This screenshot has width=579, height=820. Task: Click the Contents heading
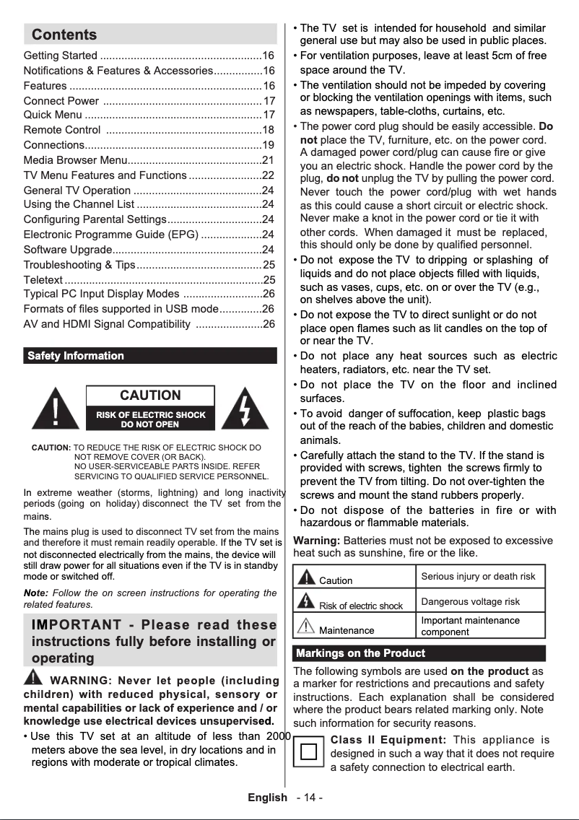pos(64,35)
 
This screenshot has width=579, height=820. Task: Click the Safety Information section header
pos(75,356)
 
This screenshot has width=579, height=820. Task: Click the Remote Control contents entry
pos(62,130)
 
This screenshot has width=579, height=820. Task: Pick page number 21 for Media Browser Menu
pos(268,160)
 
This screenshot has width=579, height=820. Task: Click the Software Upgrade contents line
pos(69,250)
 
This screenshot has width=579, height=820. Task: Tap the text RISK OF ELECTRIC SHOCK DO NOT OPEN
pos(150,419)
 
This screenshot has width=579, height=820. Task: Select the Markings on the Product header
pos(360,653)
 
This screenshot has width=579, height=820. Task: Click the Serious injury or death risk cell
pos(478,577)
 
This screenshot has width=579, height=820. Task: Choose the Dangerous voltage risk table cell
pos(470,601)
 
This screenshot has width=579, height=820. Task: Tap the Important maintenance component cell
pos(470,626)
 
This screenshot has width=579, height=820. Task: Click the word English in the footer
pos(267,798)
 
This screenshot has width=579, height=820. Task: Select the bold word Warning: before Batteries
pos(317,540)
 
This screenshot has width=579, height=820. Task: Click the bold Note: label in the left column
pos(36,593)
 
